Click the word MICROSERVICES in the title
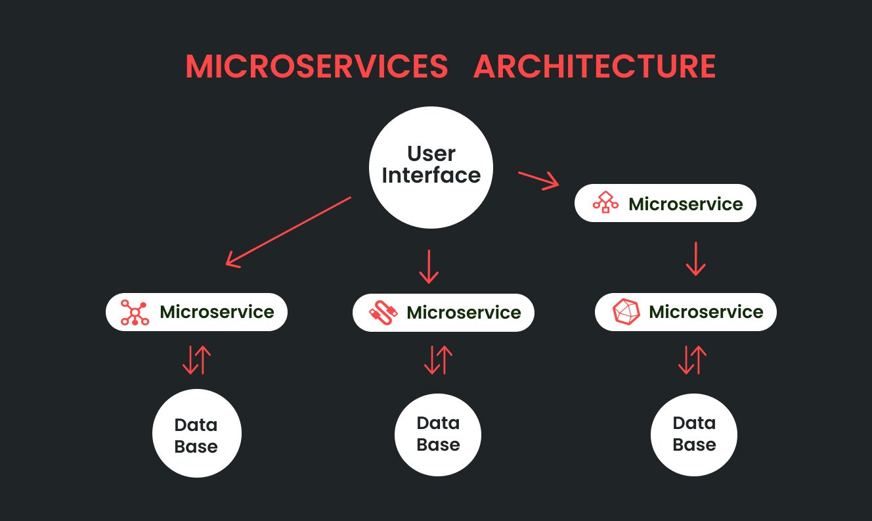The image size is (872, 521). click(x=316, y=67)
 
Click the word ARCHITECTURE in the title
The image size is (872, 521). click(x=594, y=67)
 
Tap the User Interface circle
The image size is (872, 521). click(x=431, y=167)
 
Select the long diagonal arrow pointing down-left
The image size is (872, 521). click(x=289, y=231)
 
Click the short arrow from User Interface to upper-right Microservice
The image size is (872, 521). click(x=538, y=181)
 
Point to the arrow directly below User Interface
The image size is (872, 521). click(x=429, y=266)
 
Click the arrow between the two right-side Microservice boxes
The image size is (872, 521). click(x=695, y=258)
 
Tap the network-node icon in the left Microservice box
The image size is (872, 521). click(x=135, y=312)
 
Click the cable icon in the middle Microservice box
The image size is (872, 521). click(x=383, y=313)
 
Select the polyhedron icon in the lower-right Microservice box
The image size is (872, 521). click(x=626, y=312)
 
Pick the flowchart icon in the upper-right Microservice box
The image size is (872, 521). click(x=605, y=203)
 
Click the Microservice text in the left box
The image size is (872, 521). click(x=217, y=312)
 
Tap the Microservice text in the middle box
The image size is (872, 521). click(x=464, y=313)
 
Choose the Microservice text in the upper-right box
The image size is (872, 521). click(x=686, y=204)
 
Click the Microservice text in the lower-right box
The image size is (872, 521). click(x=706, y=312)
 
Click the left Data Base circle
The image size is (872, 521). click(x=196, y=434)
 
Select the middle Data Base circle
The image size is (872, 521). click(x=438, y=434)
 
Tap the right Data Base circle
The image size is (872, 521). click(x=694, y=434)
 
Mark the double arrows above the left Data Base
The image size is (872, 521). click(x=196, y=360)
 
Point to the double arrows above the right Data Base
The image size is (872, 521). click(x=692, y=360)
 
